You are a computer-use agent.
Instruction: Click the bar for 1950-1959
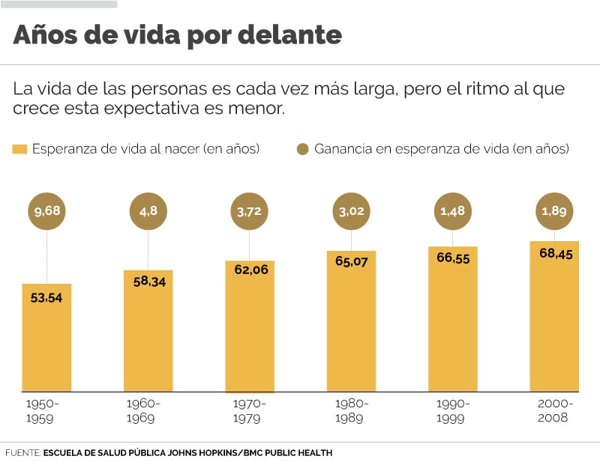[x=46, y=337]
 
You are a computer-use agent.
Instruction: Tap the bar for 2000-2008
[x=554, y=316]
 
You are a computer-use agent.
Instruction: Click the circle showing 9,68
[x=46, y=212]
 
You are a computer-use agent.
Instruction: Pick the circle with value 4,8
[x=148, y=212]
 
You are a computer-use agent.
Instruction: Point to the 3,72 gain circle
[x=250, y=212]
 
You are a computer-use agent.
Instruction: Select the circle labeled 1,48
[x=452, y=212]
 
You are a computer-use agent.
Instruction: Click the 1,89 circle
[x=554, y=212]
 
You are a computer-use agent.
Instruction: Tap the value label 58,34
[x=148, y=282]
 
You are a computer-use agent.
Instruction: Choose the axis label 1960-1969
[x=143, y=411]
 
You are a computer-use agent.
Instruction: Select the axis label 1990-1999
[x=452, y=411]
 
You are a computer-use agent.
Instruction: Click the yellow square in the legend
[x=19, y=149]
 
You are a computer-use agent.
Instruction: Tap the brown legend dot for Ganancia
[x=303, y=149]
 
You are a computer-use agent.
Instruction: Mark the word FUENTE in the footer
[x=22, y=453]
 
